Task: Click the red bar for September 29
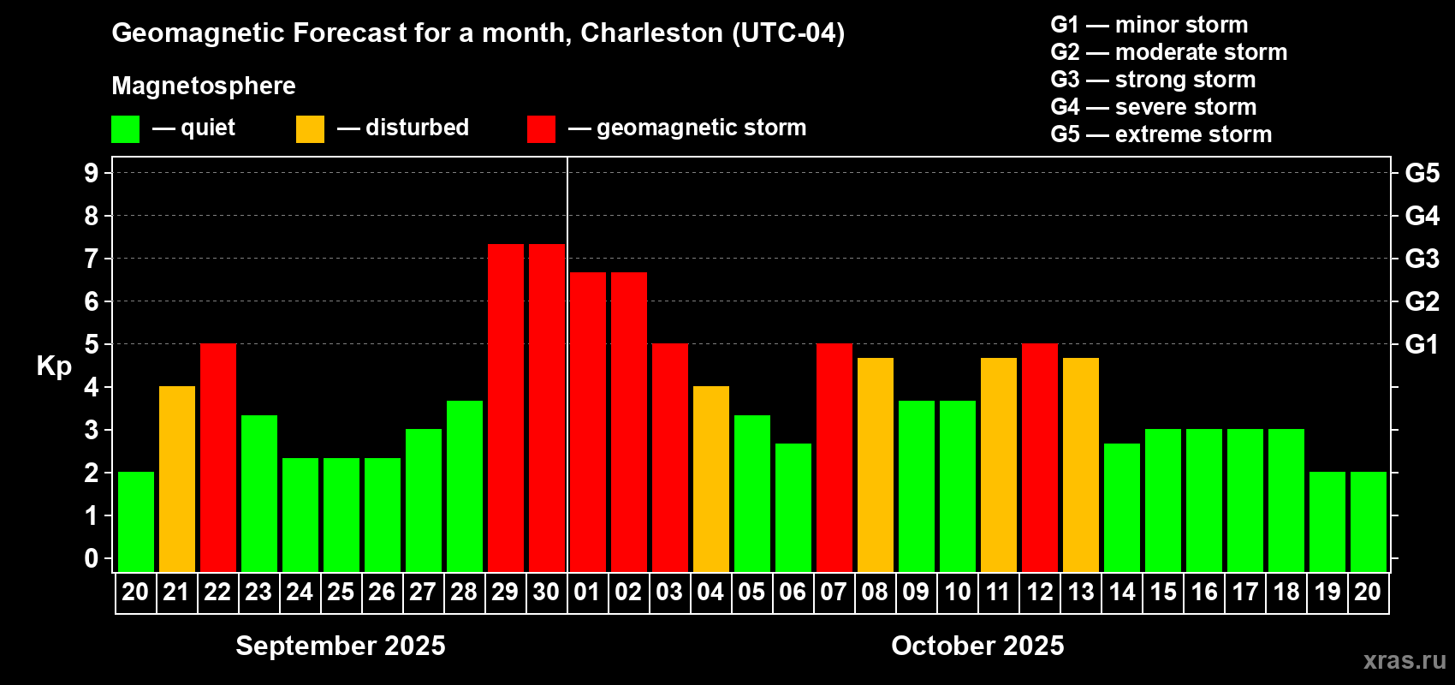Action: click(x=505, y=408)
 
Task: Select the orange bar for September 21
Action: click(x=176, y=479)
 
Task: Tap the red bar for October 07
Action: click(x=834, y=457)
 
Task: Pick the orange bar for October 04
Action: click(x=710, y=479)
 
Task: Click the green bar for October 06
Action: click(x=793, y=507)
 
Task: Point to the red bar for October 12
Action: click(x=1039, y=457)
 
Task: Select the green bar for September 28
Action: click(x=464, y=485)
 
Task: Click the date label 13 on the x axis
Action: click(x=1080, y=592)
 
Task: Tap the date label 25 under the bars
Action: click(x=341, y=592)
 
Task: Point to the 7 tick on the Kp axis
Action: click(x=92, y=259)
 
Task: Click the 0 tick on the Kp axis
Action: click(x=92, y=558)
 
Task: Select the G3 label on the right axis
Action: click(x=1422, y=259)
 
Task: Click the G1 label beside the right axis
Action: click(x=1422, y=344)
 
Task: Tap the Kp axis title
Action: click(x=54, y=366)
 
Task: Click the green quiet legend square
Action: click(x=125, y=129)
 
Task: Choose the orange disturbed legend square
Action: click(x=310, y=129)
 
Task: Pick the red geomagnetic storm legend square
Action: click(x=541, y=129)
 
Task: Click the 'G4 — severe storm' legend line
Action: click(x=1153, y=107)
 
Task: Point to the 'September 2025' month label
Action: click(x=341, y=646)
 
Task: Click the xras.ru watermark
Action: click(x=1405, y=660)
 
